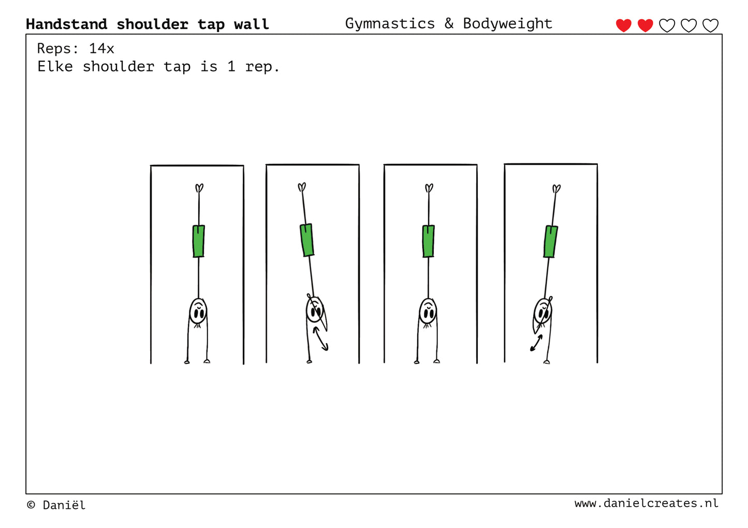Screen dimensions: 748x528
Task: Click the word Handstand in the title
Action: click(x=67, y=24)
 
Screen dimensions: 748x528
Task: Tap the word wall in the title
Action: click(x=252, y=24)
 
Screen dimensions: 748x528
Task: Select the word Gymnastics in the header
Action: click(x=390, y=24)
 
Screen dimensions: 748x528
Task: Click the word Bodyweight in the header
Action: click(x=508, y=24)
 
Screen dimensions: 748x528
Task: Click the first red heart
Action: click(x=623, y=25)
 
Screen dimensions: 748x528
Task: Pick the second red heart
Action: click(x=645, y=25)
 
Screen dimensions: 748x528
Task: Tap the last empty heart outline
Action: click(x=710, y=25)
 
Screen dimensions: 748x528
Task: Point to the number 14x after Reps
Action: click(x=101, y=49)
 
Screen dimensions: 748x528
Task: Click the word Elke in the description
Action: click(x=55, y=66)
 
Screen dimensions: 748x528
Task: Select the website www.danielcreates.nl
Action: click(x=647, y=503)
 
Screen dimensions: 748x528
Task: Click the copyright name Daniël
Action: click(x=64, y=505)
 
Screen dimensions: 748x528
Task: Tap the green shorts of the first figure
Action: click(x=199, y=241)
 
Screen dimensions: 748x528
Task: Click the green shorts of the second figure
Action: click(x=307, y=240)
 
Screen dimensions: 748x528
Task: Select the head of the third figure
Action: click(x=428, y=312)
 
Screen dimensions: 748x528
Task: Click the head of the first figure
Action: click(x=198, y=312)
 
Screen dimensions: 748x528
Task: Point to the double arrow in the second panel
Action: click(x=320, y=339)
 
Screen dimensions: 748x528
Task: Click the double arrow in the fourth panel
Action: click(x=536, y=343)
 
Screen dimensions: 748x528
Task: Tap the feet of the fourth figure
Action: click(x=556, y=189)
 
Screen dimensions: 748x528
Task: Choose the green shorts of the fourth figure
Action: click(x=551, y=242)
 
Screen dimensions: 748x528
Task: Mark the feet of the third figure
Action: click(x=429, y=188)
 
